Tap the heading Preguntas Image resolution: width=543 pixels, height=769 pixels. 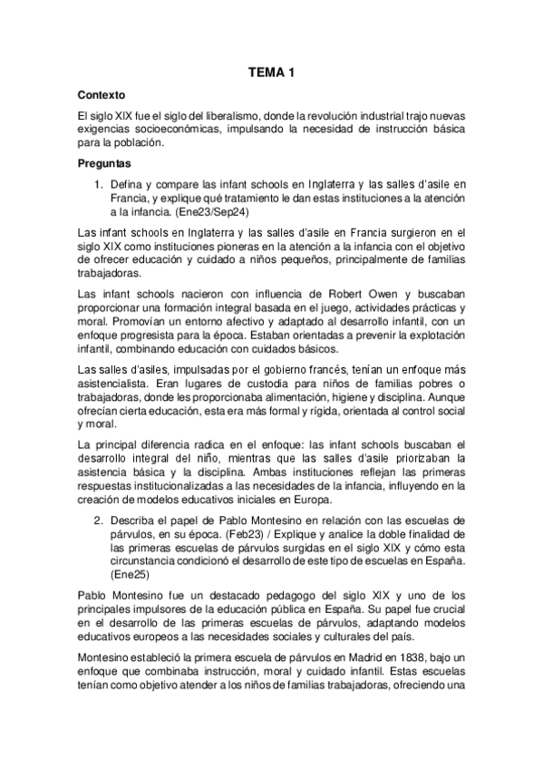coord(105,164)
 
